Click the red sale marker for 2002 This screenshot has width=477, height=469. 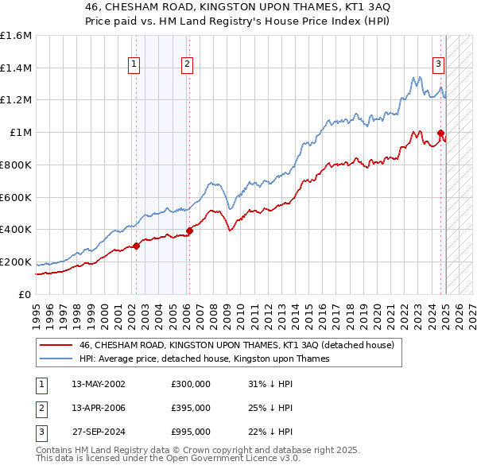click(136, 246)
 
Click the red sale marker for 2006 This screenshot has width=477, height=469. click(189, 231)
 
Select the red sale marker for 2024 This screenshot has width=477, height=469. click(440, 133)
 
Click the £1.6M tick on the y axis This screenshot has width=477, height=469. click(16, 36)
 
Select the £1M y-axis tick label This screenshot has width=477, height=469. click(21, 133)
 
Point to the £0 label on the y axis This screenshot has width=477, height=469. click(25, 294)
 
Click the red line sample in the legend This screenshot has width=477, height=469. click(56, 345)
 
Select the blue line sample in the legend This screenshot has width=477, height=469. click(56, 359)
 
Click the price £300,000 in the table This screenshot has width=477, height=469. click(191, 384)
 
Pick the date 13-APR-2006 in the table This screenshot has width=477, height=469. click(99, 408)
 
